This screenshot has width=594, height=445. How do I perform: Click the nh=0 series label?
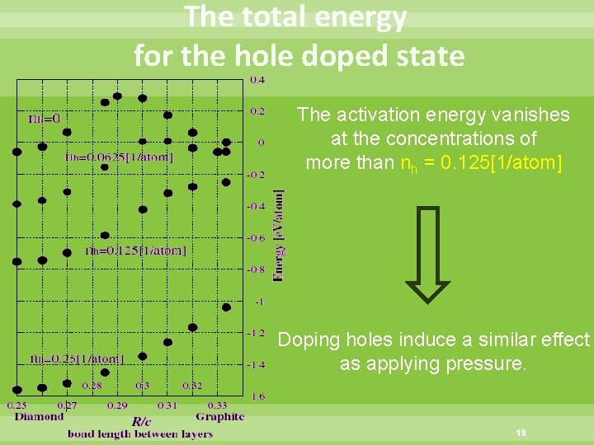coord(45,119)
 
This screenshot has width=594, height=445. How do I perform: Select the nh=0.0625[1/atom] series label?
coord(120,157)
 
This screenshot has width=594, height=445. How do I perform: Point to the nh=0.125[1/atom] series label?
coord(136,251)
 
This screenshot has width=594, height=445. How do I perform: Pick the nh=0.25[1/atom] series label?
coord(77,358)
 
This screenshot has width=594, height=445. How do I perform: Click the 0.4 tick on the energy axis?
coord(257,80)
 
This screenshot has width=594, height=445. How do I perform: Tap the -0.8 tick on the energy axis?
coord(257,269)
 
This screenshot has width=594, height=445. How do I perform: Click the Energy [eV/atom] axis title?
coord(280,236)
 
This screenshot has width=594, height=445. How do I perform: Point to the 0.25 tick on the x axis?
coord(17,405)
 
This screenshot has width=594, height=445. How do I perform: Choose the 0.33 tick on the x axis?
coord(217,405)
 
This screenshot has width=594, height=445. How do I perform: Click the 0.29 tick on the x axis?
coord(117,405)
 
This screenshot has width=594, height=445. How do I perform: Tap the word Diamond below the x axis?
coord(39,417)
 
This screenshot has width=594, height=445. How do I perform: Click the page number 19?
coord(521,432)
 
